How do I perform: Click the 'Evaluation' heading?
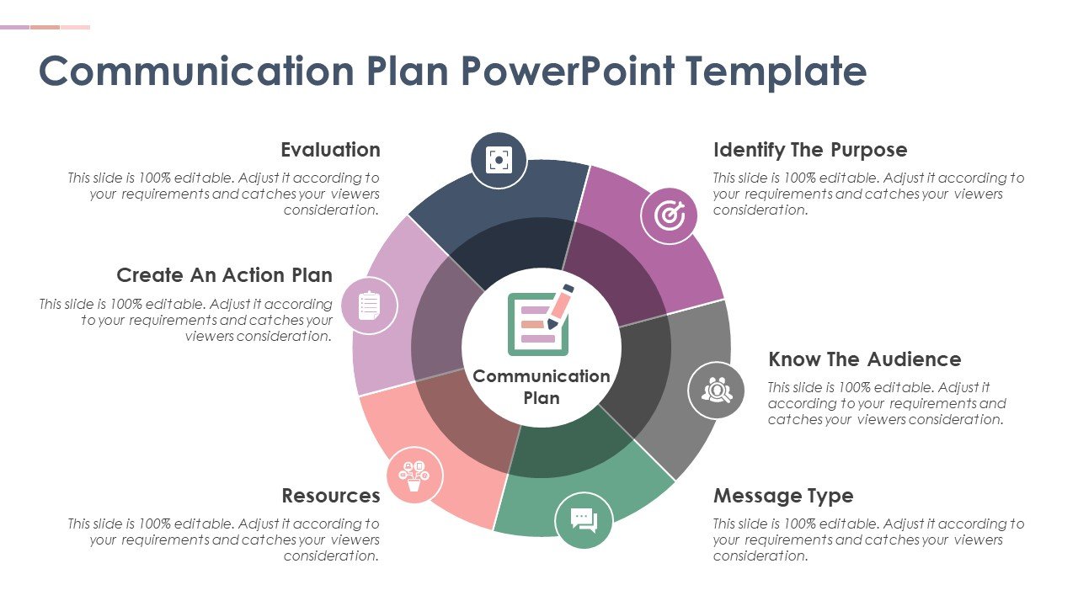331,150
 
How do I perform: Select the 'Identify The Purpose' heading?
810,150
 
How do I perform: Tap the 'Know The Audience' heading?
865,359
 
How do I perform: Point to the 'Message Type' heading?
783,496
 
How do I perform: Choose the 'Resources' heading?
331,496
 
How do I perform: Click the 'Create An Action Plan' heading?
224,275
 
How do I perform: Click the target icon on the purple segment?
669,215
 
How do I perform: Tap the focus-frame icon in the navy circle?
499,160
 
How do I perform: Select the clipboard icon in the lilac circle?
369,306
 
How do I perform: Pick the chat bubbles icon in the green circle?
584,520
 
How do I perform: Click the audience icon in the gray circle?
717,390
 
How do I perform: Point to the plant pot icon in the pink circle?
414,476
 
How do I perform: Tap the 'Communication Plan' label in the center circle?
542,387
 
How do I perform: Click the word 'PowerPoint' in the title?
568,72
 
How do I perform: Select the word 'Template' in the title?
776,72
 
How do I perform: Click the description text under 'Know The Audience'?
887,403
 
